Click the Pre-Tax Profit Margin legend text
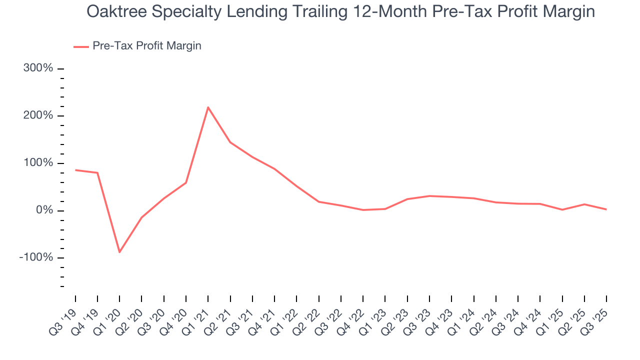(147, 46)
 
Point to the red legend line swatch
(81, 46)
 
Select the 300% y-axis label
(38, 68)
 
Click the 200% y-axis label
(38, 115)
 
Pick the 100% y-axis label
(38, 163)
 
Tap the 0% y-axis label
(43, 210)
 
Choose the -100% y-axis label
(36, 257)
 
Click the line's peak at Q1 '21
(208, 107)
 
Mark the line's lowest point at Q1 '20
(119, 252)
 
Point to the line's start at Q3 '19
(75, 170)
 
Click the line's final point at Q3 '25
(606, 209)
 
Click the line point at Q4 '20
(186, 182)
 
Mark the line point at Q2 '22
(318, 201)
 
